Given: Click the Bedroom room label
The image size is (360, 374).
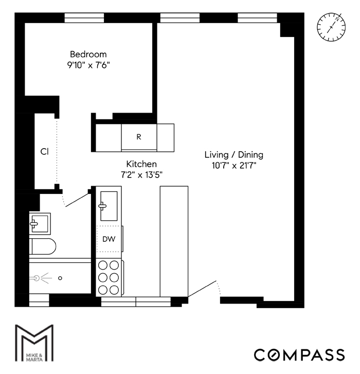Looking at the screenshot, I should coord(88,54).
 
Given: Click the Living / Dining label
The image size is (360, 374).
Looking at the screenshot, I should coord(234,154).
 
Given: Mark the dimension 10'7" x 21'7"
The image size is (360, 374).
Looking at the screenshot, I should coord(234,165).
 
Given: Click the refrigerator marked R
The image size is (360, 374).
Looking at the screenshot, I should coord(138,137).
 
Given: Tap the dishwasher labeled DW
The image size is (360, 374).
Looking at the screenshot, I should coord(109,239).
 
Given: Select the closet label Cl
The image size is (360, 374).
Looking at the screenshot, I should coord(45,152).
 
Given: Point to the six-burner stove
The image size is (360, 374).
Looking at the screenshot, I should coord(109,277).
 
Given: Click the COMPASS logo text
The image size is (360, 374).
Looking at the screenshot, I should coord(299,354).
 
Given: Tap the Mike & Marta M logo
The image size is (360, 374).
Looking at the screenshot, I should coord(33,343).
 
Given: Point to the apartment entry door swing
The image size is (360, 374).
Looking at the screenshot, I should coord(206,291).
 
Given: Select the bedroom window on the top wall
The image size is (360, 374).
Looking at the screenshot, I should coord(87,17).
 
